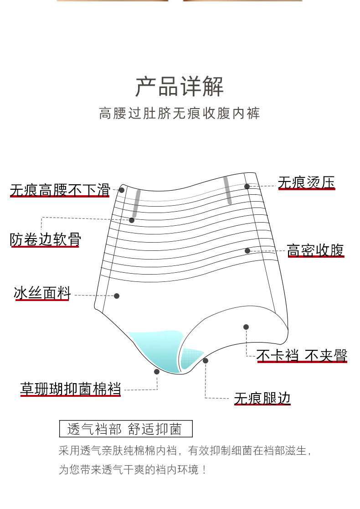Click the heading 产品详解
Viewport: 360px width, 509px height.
coord(180,86)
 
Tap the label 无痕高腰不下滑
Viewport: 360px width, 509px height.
coord(60,190)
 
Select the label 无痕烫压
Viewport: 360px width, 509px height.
coord(306,183)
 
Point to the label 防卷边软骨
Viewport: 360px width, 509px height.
coord(45,239)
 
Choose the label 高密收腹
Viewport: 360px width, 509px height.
coord(315,250)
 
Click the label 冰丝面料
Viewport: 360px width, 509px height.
coord(42,293)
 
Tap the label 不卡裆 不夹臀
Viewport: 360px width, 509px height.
coord(302,355)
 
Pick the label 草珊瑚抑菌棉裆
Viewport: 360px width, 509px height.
coord(71,389)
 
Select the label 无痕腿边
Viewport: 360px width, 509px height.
coord(262,398)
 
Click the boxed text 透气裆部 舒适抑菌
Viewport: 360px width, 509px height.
coord(126,429)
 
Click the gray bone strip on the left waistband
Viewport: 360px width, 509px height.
coord(136,203)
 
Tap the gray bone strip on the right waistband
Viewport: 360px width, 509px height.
coord(227,191)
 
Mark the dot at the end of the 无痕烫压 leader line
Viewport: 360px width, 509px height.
coord(247,186)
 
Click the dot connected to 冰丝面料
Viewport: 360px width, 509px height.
coord(117,296)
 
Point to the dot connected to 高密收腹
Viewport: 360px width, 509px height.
coord(247,251)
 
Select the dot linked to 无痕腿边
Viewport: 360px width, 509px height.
coord(206,361)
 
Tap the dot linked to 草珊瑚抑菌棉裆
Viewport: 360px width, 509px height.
coord(157,372)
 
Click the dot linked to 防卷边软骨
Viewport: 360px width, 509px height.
coord(132,220)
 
